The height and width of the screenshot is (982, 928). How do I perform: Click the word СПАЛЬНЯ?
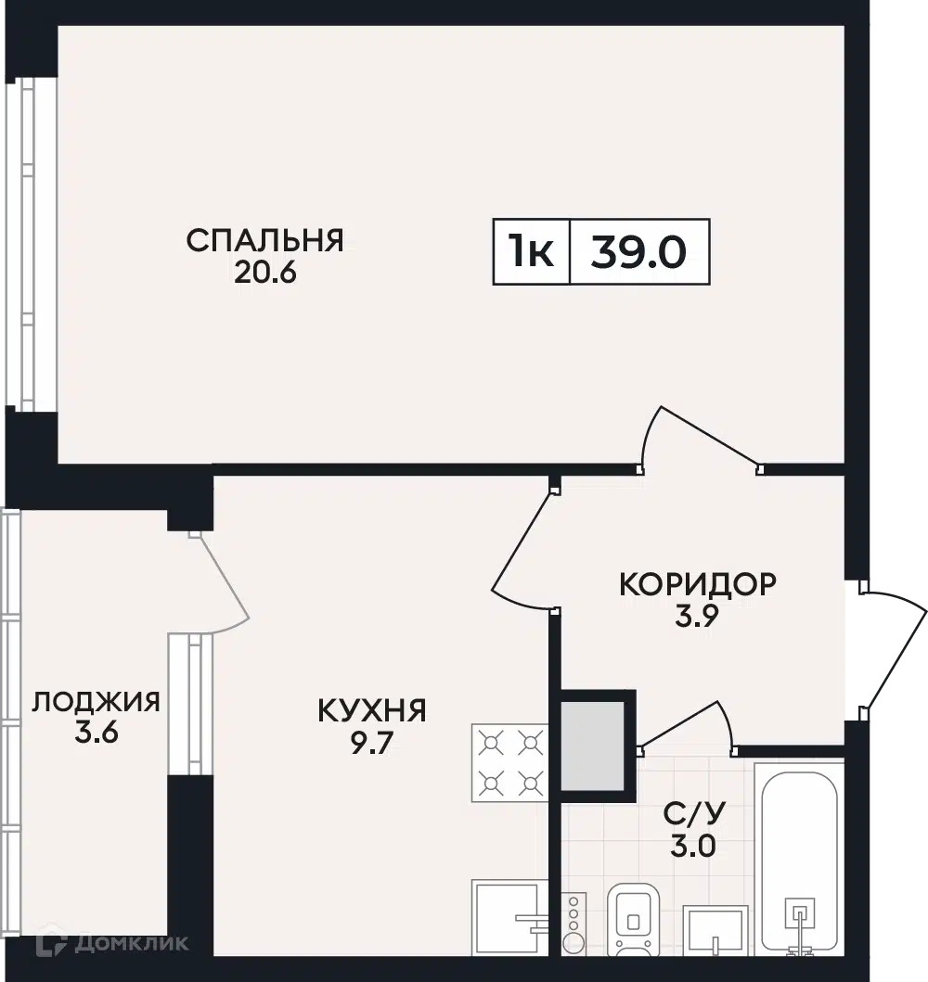[265, 241]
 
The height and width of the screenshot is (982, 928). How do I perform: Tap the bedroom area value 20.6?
[265, 273]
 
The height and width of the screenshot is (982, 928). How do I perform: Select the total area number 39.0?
[638, 252]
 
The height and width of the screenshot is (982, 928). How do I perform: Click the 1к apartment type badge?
[532, 252]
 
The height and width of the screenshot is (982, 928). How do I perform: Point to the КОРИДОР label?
[698, 584]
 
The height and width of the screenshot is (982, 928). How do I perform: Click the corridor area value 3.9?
[696, 617]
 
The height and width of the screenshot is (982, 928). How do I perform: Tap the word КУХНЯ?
[372, 711]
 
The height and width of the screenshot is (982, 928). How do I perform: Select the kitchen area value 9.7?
[371, 744]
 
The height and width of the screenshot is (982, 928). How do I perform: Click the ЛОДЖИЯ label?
[96, 702]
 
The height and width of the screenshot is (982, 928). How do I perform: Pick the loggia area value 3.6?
[97, 733]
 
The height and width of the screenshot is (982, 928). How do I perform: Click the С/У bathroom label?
[693, 813]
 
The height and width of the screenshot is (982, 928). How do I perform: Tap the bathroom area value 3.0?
[693, 846]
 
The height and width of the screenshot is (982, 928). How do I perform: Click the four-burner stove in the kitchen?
[510, 763]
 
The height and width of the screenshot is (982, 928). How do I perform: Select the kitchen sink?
[510, 918]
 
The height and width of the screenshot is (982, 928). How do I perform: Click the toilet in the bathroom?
[634, 920]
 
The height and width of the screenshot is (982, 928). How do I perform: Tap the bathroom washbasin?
[715, 931]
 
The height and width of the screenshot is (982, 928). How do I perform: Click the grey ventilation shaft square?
[592, 746]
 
